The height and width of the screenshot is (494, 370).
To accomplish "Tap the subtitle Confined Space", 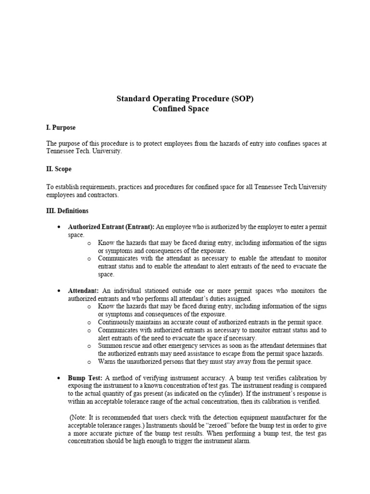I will [x=181, y=109].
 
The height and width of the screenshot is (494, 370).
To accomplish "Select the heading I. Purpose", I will [x=61, y=127].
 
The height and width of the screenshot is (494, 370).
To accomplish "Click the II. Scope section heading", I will [x=59, y=169].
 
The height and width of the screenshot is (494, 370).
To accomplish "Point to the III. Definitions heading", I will [x=67, y=211].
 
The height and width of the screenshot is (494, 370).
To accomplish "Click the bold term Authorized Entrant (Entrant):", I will [x=111, y=227].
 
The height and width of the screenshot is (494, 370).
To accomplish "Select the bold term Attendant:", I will [x=84, y=290].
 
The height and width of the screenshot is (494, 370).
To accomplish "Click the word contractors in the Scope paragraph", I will [x=102, y=195].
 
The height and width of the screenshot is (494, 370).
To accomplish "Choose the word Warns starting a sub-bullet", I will [x=107, y=361].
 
